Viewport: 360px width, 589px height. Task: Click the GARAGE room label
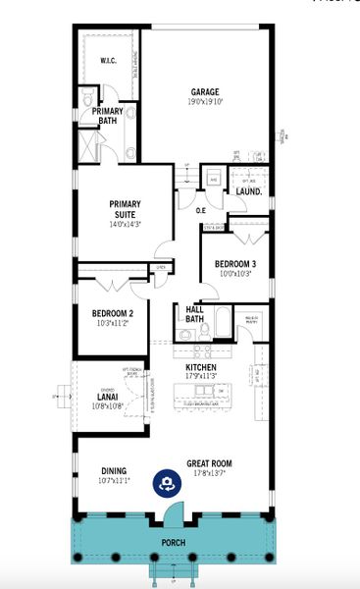pyautogui.click(x=204, y=91)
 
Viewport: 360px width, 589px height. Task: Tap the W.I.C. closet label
pyautogui.click(x=108, y=62)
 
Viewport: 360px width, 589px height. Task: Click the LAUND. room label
pyautogui.click(x=248, y=192)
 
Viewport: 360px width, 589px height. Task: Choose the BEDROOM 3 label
pyautogui.click(x=234, y=264)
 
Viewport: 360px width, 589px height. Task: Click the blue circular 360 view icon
pyautogui.click(x=167, y=483)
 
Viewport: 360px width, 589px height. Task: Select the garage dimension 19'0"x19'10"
pyautogui.click(x=204, y=101)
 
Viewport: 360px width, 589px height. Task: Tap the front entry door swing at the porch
pyautogui.click(x=173, y=509)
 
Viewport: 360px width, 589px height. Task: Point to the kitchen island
pyautogui.click(x=207, y=395)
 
